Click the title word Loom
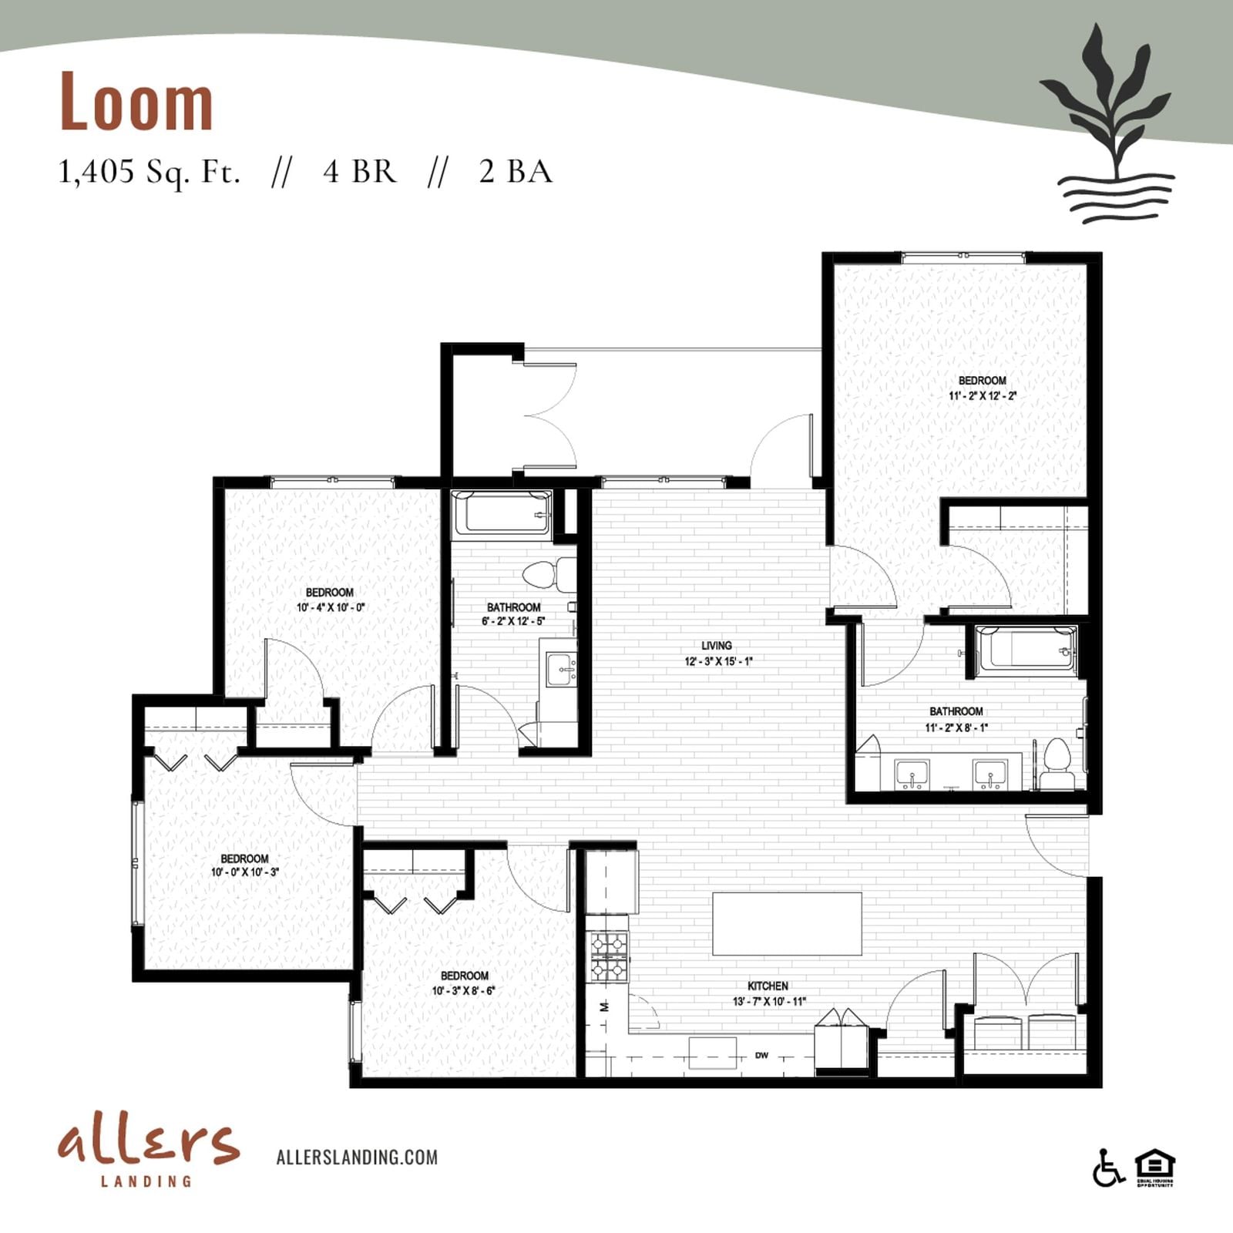click(136, 101)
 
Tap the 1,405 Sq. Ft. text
click(150, 171)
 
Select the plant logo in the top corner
click(1107, 124)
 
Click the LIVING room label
click(717, 646)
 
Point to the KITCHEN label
click(768, 986)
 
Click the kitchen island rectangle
click(787, 923)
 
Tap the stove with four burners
click(609, 956)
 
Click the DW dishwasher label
click(761, 1055)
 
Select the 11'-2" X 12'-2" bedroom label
click(983, 388)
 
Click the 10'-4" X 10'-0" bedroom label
click(330, 600)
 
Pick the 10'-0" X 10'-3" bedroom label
click(244, 865)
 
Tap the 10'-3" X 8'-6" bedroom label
click(465, 983)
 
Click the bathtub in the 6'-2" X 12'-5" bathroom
click(502, 513)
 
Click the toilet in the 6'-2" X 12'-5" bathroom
click(549, 574)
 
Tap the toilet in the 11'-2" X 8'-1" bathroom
click(1057, 764)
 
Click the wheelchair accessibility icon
click(1108, 1167)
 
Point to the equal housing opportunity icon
click(1155, 1168)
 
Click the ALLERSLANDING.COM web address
click(357, 1157)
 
